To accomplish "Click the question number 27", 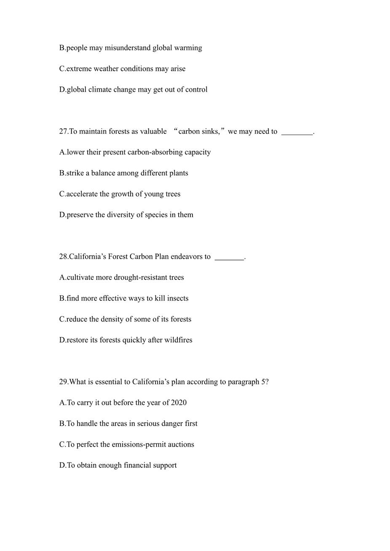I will [x=63, y=131].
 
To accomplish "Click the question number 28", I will [x=63, y=257].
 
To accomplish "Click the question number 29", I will [x=63, y=382].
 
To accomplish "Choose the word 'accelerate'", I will [x=82, y=194].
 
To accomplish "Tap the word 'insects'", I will [x=178, y=298].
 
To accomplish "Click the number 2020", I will [x=179, y=403].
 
